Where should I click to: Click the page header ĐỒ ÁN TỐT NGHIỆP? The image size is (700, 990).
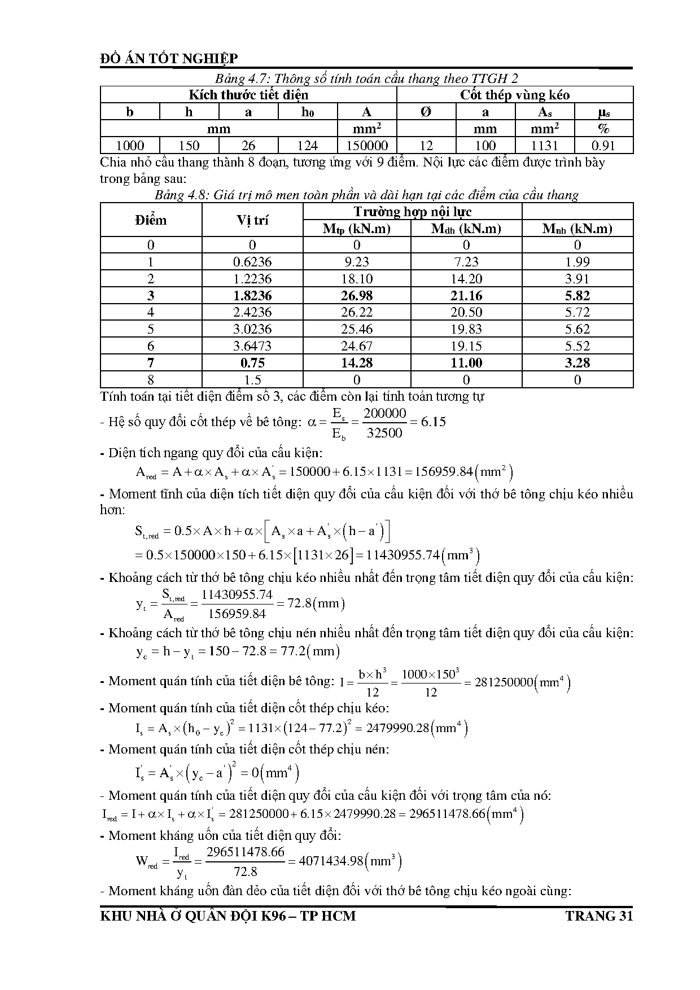169,59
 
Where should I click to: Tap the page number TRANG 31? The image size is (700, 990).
599,915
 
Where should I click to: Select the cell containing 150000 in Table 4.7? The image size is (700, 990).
367,146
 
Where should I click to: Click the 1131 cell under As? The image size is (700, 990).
545,146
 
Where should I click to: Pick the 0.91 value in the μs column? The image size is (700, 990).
603,146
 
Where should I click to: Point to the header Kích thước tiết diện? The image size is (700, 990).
248,95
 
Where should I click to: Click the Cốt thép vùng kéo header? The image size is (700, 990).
515,95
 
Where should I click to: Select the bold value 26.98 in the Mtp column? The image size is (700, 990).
357,296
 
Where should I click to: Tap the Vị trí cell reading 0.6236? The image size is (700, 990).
252,262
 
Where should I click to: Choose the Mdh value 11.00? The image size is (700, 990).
466,363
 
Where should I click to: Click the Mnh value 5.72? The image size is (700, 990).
577,312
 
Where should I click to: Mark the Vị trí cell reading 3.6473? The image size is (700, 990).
252,346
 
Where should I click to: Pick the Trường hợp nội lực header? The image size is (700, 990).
413,212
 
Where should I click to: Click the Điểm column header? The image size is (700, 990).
151,220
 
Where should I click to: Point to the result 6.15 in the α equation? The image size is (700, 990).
433,422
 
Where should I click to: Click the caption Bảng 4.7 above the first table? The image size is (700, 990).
366,78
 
